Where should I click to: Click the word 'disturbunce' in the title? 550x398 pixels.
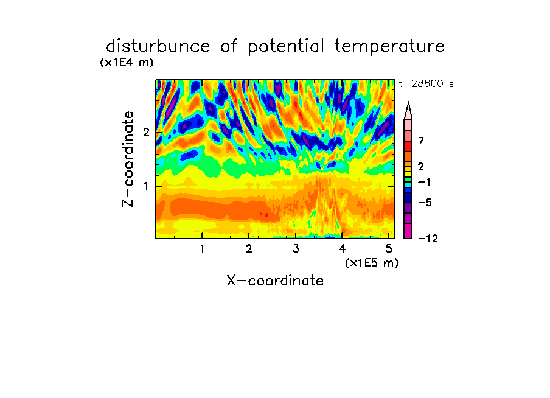[x=158, y=46]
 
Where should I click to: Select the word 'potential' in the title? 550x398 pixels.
[x=286, y=47]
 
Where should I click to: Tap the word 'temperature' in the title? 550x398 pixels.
[x=389, y=47]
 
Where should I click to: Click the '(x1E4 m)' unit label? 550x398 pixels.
[x=127, y=63]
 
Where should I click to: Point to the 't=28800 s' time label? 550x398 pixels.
[x=426, y=83]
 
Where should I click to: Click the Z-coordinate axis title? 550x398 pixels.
[x=128, y=159]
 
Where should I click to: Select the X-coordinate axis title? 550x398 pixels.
[x=275, y=281]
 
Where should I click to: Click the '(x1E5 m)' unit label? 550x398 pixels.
[x=372, y=262]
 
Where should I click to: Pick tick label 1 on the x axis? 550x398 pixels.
[x=203, y=248]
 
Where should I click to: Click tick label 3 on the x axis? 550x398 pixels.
[x=296, y=248]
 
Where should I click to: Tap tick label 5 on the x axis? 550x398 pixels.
[x=389, y=248]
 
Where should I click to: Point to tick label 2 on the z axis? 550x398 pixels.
[x=146, y=133]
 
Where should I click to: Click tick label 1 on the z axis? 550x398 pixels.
[x=146, y=186]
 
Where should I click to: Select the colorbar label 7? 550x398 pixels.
[x=421, y=141]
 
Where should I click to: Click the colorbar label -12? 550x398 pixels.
[x=428, y=239]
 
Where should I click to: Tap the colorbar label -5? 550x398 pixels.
[x=425, y=203]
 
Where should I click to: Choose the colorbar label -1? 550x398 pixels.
[x=424, y=182]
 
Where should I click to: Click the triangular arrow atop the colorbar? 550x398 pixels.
[x=408, y=110]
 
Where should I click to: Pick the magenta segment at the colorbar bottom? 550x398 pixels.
[x=408, y=231]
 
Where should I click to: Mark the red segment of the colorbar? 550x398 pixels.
[x=408, y=146]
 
